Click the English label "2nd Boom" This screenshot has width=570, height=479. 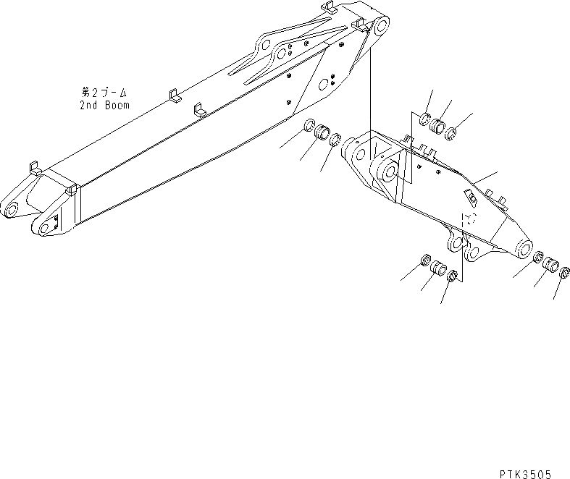pyautogui.click(x=105, y=105)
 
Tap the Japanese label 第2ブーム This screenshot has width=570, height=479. pyautogui.click(x=105, y=93)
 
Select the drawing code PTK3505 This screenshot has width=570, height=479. pyautogui.click(x=525, y=473)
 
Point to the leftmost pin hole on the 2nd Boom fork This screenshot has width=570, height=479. pyautogui.click(x=11, y=210)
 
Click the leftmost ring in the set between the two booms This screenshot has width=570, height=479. pyautogui.click(x=309, y=124)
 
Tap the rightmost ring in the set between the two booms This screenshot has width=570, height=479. pyautogui.click(x=335, y=140)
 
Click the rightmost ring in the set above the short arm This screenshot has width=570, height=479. pyautogui.click(x=450, y=132)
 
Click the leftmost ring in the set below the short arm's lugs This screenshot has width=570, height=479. pyautogui.click(x=426, y=260)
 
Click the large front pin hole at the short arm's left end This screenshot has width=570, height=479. pyautogui.click(x=385, y=171)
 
